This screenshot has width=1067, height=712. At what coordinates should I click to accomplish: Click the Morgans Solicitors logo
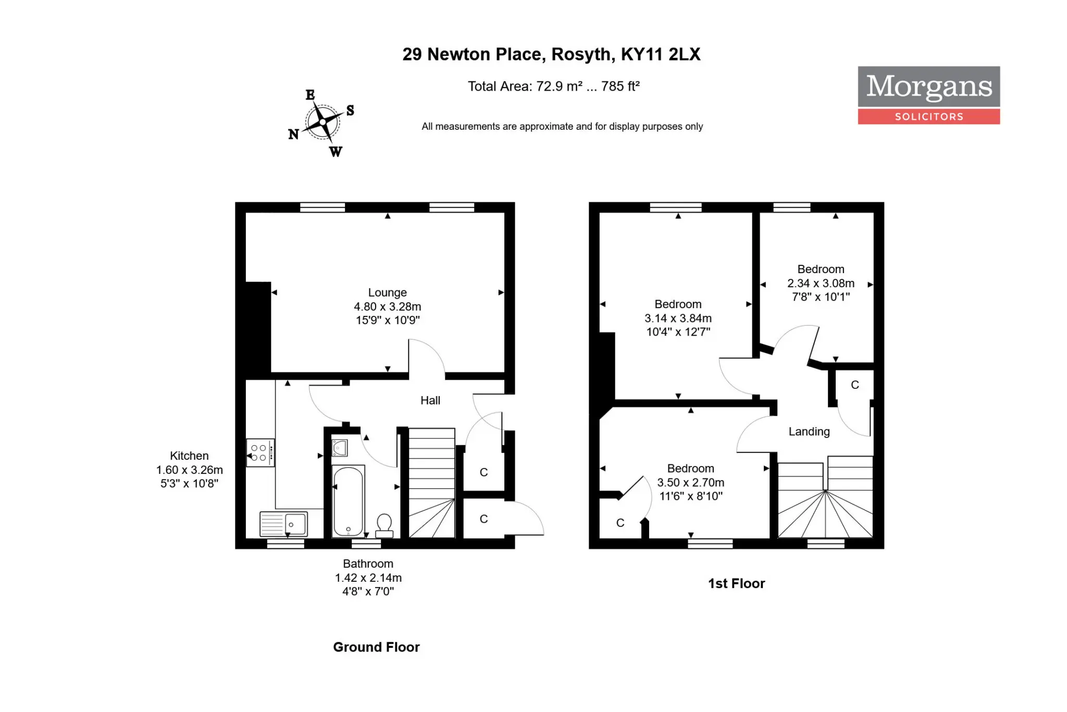tap(928, 95)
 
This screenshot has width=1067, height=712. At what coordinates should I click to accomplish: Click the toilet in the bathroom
tap(384, 525)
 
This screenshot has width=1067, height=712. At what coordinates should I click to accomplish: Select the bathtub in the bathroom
tap(348, 501)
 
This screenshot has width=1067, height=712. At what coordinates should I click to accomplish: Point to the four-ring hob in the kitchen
tap(260, 452)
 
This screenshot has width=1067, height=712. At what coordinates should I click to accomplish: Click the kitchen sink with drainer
tap(284, 524)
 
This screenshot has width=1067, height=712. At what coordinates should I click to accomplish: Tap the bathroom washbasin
tap(340, 448)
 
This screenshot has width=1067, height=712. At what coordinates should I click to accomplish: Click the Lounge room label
tap(387, 292)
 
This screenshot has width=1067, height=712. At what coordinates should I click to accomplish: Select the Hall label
tap(430, 400)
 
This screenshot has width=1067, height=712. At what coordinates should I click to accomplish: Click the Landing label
tap(809, 432)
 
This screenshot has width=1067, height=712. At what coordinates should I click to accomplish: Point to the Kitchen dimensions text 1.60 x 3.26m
tap(189, 470)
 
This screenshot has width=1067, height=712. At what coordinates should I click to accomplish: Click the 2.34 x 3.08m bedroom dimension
tap(821, 283)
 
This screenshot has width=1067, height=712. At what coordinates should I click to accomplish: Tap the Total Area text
tap(553, 86)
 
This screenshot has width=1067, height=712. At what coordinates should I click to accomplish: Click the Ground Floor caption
tap(376, 647)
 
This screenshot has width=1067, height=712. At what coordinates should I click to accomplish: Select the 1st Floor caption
tap(736, 583)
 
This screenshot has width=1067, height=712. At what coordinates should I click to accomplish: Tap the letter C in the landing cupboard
tap(855, 385)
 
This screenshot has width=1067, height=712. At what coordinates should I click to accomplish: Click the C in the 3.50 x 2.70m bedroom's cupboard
tap(620, 523)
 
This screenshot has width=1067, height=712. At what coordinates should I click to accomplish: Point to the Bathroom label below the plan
tap(368, 563)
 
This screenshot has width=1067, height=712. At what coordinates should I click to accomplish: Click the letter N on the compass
tap(293, 134)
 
